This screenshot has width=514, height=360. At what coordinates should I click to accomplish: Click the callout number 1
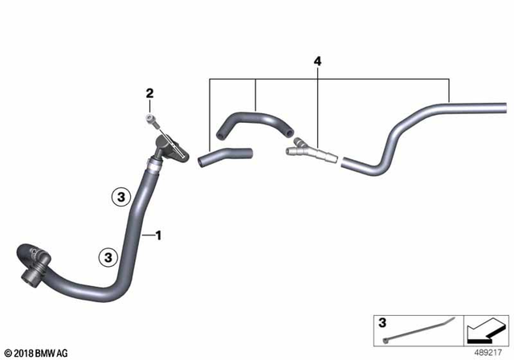(159, 235)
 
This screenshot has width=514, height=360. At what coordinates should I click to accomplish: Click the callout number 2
(149, 95)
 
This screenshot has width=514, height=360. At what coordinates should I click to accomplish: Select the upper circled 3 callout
(120, 194)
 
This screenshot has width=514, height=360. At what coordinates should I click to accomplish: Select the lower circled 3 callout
(106, 256)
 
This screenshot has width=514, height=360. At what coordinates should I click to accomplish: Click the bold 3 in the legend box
(382, 323)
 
